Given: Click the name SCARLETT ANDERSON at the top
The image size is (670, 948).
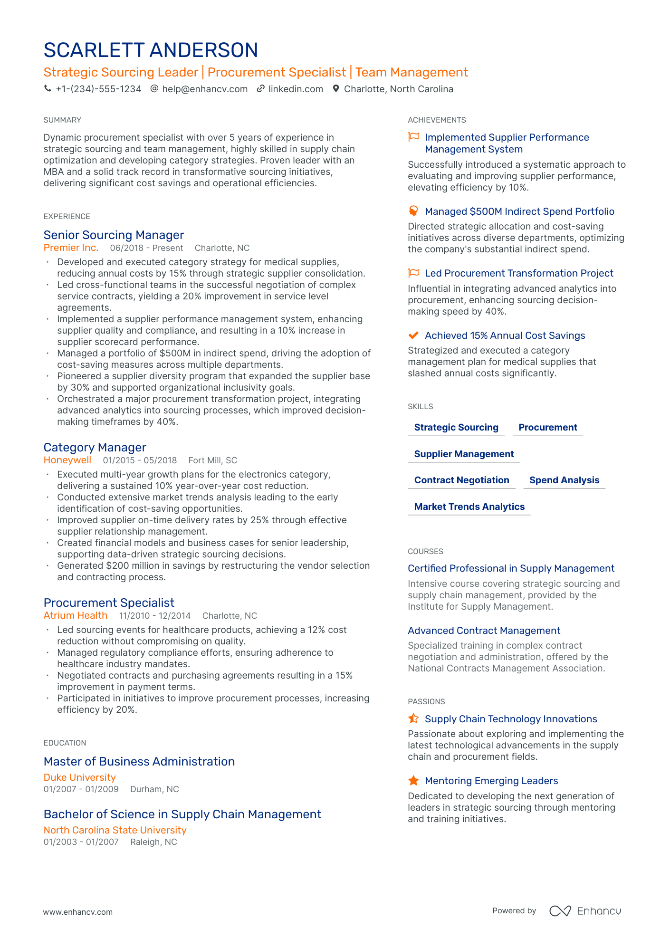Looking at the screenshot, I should pyautogui.click(x=151, y=50).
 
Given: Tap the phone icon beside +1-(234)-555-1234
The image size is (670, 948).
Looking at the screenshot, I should pyautogui.click(x=48, y=88).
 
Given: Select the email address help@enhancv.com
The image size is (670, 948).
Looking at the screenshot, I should pyautogui.click(x=204, y=89).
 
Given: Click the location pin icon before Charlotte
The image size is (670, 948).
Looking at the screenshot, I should pyautogui.click(x=336, y=89).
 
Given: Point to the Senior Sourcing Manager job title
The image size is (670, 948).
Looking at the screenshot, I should pyautogui.click(x=114, y=235).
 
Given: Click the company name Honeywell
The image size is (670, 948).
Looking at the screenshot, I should pyautogui.click(x=67, y=460).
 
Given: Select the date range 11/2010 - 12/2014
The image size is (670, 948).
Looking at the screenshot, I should pyautogui.click(x=154, y=616).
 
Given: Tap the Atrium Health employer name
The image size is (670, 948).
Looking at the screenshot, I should pyautogui.click(x=75, y=615).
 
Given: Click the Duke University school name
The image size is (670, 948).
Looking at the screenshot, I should pyautogui.click(x=79, y=777).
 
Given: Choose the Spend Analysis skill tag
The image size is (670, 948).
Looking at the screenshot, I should pyautogui.click(x=564, y=480).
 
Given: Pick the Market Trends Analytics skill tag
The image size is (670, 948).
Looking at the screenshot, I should pyautogui.click(x=469, y=507).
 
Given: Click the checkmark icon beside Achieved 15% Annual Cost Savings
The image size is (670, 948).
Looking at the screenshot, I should pyautogui.click(x=413, y=335).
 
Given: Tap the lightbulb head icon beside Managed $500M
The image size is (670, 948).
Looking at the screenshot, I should pyautogui.click(x=413, y=211).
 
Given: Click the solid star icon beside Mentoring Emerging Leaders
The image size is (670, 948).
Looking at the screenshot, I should pyautogui.click(x=413, y=780).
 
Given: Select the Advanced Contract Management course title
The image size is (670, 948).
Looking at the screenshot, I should pyautogui.click(x=484, y=631).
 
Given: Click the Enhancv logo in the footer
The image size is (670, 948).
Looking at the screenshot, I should pyautogui.click(x=585, y=911).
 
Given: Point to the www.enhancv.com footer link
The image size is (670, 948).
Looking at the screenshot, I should pyautogui.click(x=78, y=912).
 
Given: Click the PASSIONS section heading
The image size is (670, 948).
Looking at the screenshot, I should pyautogui.click(x=426, y=701).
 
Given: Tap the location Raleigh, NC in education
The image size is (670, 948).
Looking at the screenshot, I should pyautogui.click(x=153, y=842).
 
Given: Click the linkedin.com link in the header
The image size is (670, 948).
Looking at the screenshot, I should pyautogui.click(x=295, y=89).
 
